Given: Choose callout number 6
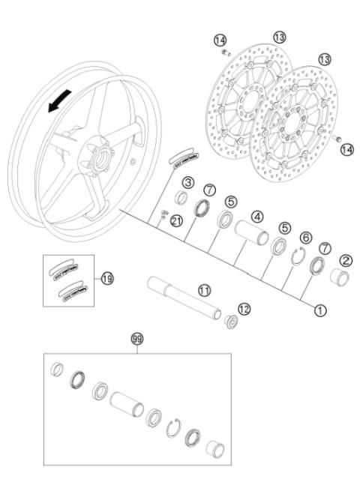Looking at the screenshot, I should [x=304, y=238].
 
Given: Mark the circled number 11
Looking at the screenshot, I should [x=203, y=289].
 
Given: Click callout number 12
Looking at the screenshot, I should [x=244, y=308].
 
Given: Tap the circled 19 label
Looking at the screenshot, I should [x=107, y=277].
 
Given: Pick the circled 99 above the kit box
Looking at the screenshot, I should [x=137, y=340].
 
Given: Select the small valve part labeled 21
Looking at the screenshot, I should [x=163, y=217].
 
